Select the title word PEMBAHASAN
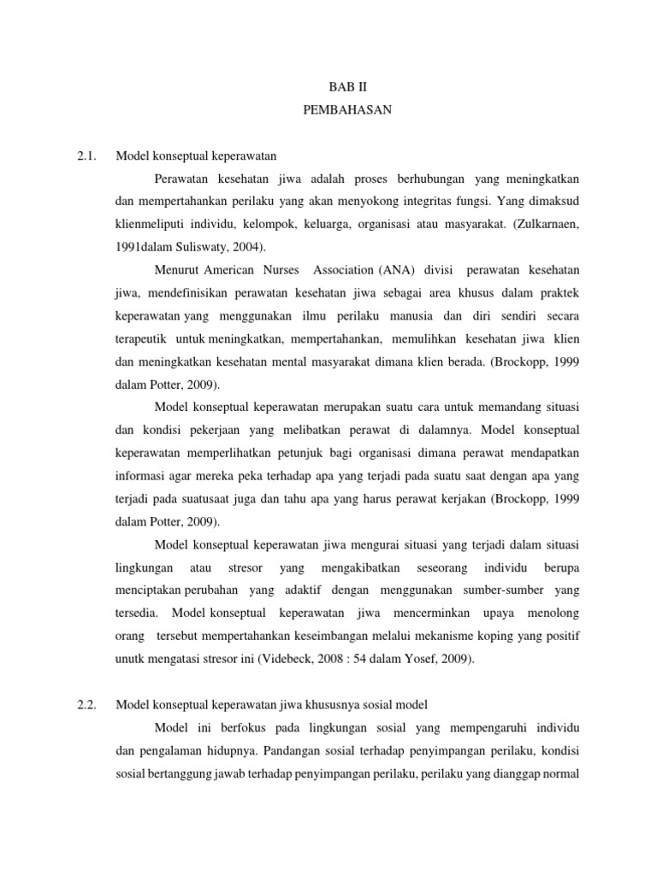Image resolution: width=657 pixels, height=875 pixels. [x=347, y=109]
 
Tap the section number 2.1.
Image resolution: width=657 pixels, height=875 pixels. [x=88, y=156]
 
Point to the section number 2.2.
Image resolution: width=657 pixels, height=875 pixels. [x=88, y=704]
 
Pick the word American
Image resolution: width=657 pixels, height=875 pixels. [x=237, y=271]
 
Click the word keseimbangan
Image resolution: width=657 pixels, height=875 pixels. [x=344, y=636]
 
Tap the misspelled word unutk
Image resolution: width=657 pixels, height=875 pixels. [x=131, y=659]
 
